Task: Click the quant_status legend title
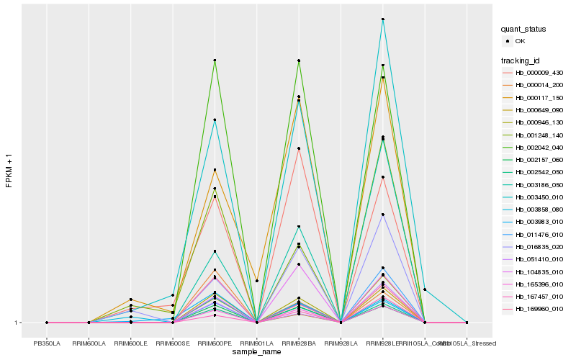pos(523,29)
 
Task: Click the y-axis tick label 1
pos(18,323)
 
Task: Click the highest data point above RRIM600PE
pos(215,60)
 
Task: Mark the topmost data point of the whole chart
pos(383,19)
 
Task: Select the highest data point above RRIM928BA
pos(299,60)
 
